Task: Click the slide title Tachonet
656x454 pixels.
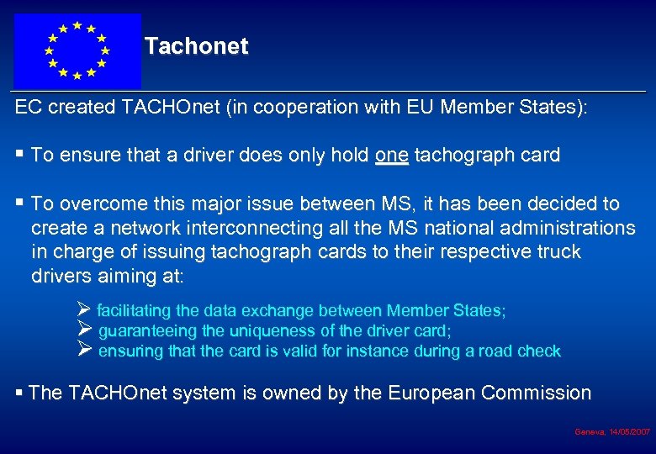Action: (x=196, y=46)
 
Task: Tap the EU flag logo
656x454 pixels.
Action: (x=77, y=50)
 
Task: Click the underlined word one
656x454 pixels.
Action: (x=391, y=155)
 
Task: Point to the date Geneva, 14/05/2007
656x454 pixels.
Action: (x=612, y=431)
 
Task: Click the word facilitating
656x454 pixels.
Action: (x=138, y=311)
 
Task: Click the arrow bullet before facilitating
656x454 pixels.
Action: (x=83, y=310)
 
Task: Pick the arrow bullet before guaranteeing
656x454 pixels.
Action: (x=83, y=330)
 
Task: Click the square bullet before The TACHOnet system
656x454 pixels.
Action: (x=19, y=393)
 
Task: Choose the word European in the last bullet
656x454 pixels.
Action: (x=428, y=393)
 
